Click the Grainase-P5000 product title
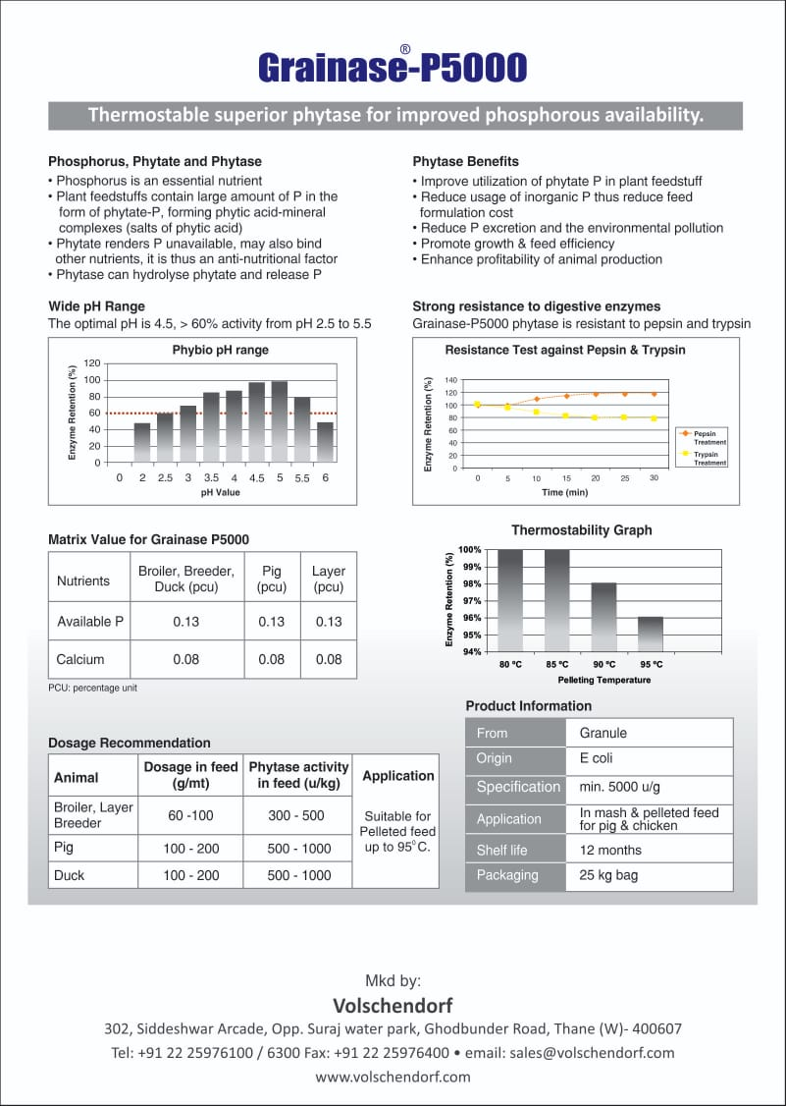(393, 67)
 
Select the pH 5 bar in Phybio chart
(279, 422)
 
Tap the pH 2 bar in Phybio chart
(142, 442)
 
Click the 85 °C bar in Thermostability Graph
(556, 599)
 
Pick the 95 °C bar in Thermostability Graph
(651, 634)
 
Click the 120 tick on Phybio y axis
(91, 363)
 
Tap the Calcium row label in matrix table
(80, 659)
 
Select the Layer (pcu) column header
(328, 580)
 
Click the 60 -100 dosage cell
(190, 815)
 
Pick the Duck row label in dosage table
(69, 875)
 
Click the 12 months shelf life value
(610, 850)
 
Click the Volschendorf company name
(393, 1005)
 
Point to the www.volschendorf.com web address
(393, 1077)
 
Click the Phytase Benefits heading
(465, 161)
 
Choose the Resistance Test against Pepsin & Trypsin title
(565, 350)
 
